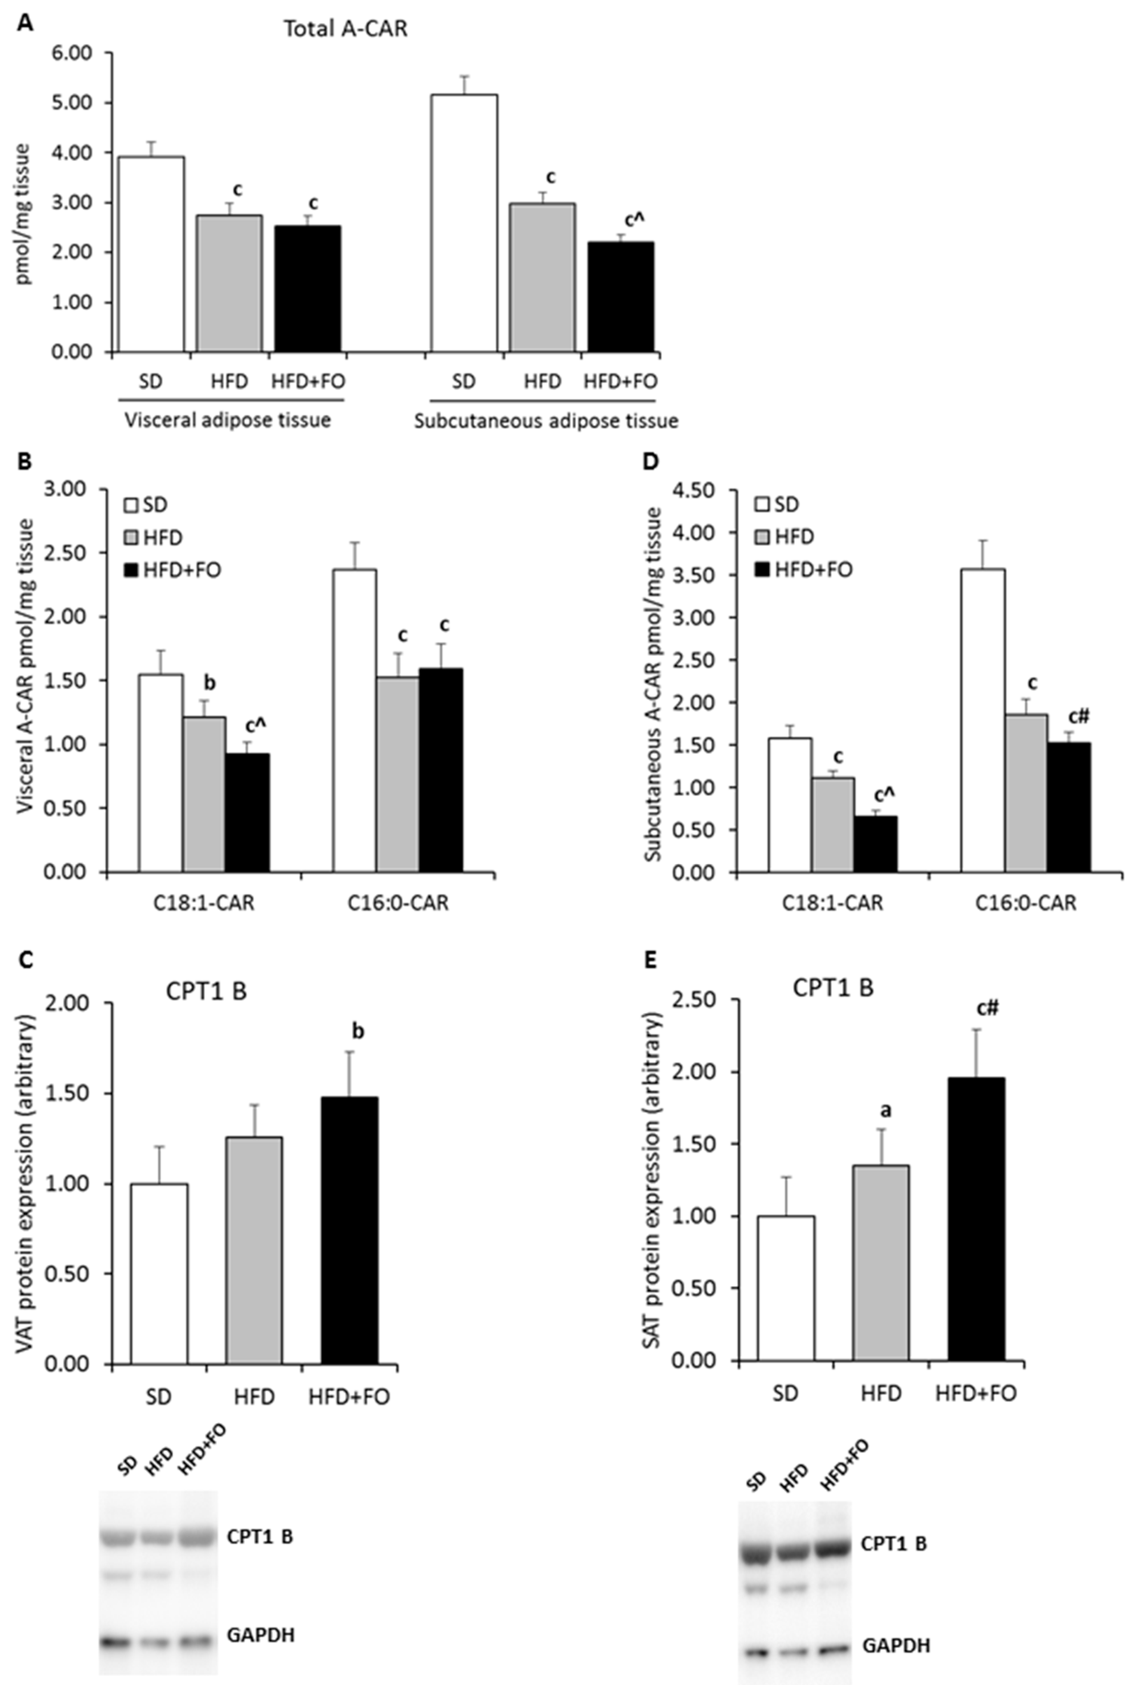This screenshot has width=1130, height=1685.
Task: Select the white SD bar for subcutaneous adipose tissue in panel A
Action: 464,223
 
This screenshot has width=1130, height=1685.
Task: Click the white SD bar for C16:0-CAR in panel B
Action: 354,720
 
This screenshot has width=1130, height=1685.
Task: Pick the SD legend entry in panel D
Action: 777,504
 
